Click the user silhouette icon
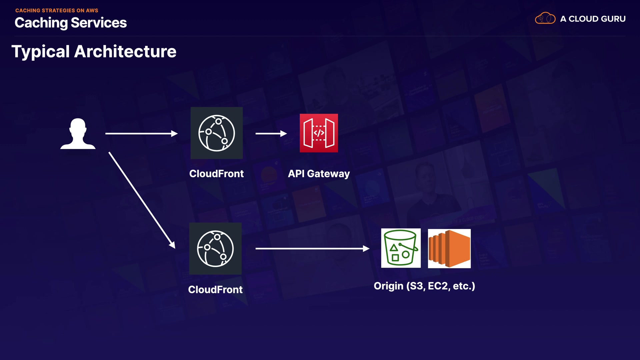(78, 134)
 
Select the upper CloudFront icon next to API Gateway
(217, 133)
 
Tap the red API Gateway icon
(319, 133)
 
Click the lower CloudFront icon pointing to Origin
(215, 249)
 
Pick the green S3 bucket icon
(401, 248)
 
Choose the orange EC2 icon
(449, 248)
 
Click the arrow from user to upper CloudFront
(141, 134)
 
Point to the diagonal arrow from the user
(142, 200)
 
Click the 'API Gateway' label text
(319, 174)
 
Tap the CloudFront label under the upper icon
(216, 174)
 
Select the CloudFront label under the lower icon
(215, 290)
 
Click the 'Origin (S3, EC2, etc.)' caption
(424, 286)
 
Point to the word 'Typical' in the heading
(41, 52)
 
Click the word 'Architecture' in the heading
(125, 52)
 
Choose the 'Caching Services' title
(71, 23)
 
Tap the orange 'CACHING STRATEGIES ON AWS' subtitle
(57, 10)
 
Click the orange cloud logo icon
(545, 18)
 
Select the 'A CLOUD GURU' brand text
(593, 19)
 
